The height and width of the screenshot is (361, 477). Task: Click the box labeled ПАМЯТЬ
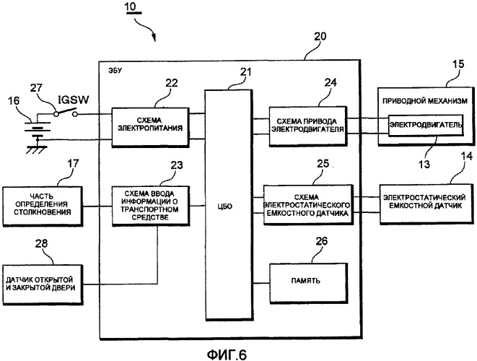point(308,283)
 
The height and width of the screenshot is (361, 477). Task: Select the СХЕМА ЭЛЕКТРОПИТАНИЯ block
point(150,126)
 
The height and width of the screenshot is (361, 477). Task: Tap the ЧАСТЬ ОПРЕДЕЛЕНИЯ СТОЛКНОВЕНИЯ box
point(43,206)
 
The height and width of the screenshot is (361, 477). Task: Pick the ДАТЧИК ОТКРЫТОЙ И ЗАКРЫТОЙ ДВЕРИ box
point(43,284)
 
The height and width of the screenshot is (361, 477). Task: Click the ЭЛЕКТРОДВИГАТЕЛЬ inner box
point(426,125)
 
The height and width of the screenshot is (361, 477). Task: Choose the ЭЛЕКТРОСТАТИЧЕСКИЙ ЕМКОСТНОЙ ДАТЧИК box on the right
point(426,204)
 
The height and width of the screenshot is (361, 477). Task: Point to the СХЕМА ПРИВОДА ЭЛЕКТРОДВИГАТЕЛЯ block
point(307,126)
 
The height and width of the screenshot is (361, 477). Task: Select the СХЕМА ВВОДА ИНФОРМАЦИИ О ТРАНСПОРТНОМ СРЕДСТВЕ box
point(150,206)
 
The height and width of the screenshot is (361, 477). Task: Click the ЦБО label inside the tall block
point(225,206)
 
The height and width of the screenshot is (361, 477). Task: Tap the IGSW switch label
point(74,100)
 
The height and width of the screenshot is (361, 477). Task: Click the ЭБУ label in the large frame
point(115,71)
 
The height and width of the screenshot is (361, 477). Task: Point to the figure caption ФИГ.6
point(227,355)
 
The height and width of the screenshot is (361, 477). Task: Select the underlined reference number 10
point(132,7)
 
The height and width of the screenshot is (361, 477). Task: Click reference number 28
point(41,243)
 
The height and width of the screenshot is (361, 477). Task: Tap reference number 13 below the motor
point(424,164)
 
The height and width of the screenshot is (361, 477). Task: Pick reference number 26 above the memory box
point(321,240)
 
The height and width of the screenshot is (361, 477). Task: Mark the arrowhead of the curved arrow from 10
point(154,39)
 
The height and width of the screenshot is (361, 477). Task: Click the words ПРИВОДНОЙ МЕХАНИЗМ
point(424,101)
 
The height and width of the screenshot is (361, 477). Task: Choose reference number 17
point(73,163)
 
